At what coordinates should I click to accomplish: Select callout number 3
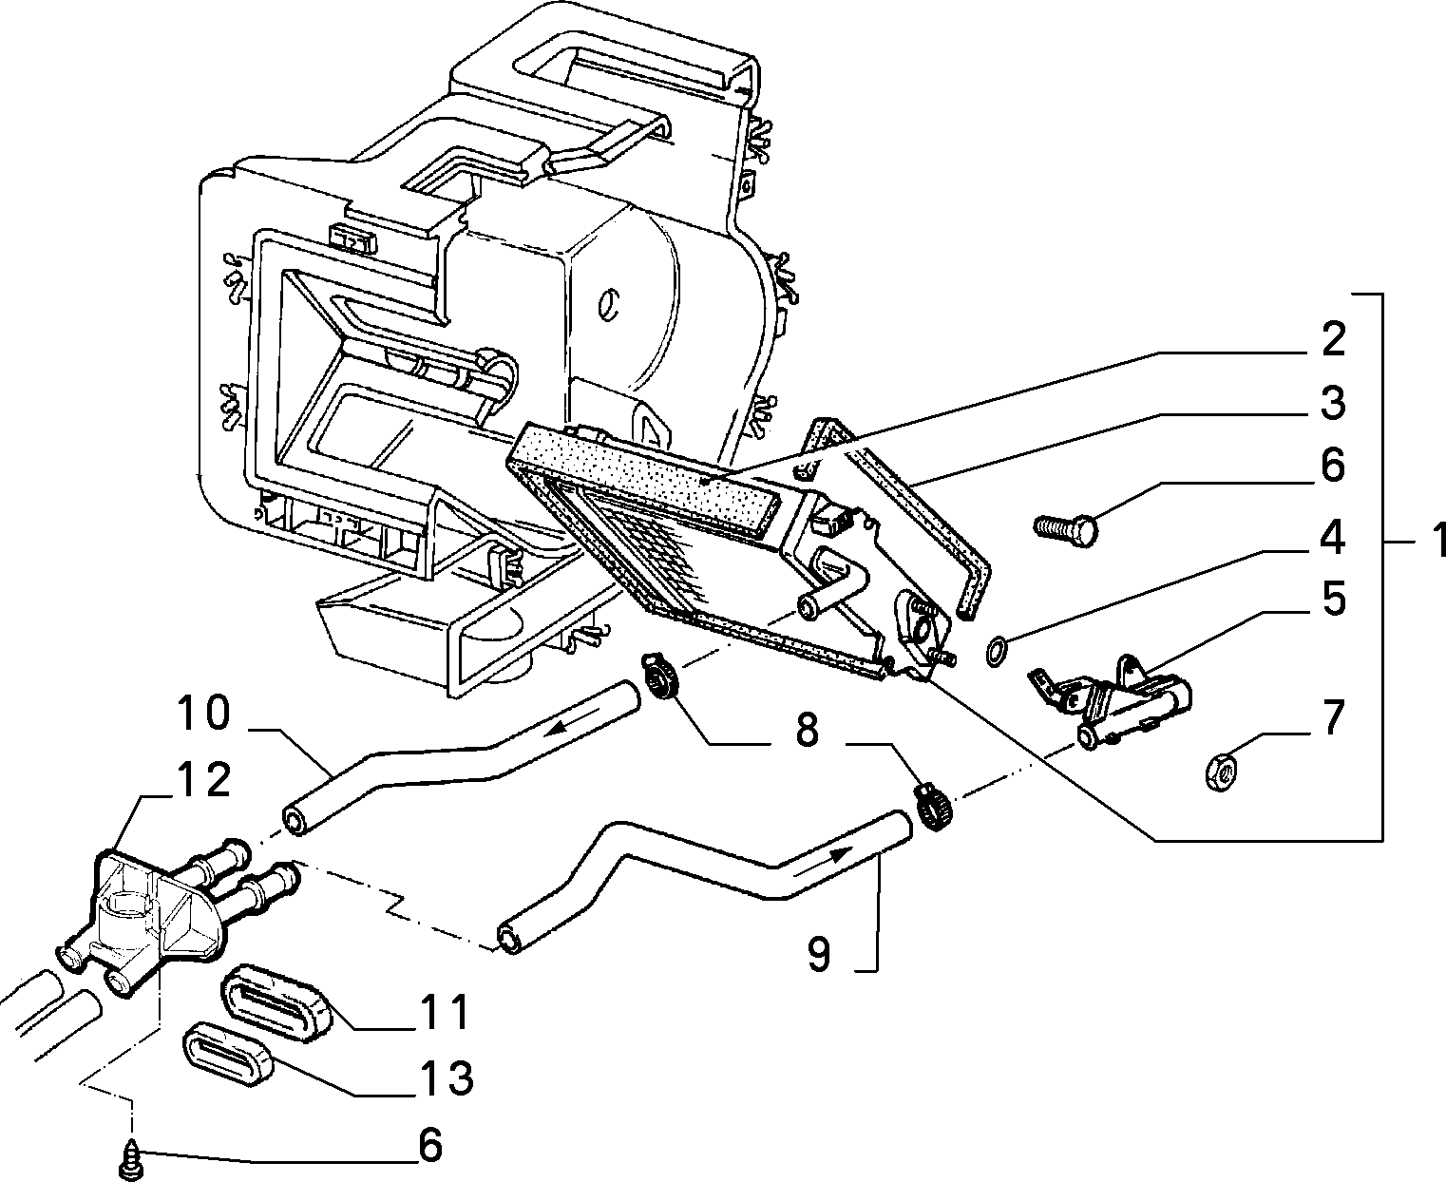tap(1333, 403)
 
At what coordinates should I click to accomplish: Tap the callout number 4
tap(1332, 537)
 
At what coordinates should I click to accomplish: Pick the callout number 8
tap(807, 730)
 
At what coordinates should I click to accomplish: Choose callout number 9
tap(818, 954)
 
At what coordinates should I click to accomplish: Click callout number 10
tap(203, 713)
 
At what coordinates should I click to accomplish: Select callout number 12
tap(204, 779)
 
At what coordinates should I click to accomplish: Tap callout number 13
tap(447, 1077)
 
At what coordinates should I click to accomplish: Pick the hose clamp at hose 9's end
tap(934, 808)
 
